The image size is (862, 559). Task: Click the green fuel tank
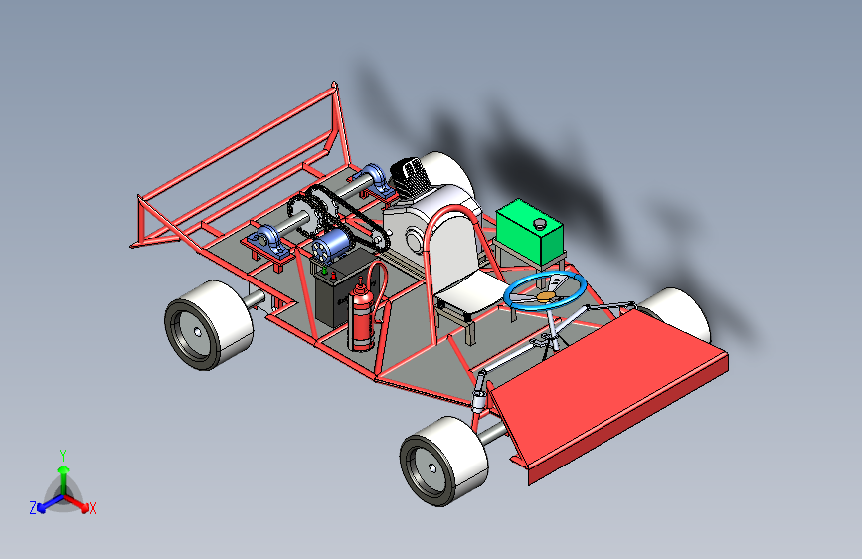529,232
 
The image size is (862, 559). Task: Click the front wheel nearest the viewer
443,462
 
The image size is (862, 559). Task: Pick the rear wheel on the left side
209,324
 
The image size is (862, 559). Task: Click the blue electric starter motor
331,246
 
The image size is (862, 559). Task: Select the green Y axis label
63,456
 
